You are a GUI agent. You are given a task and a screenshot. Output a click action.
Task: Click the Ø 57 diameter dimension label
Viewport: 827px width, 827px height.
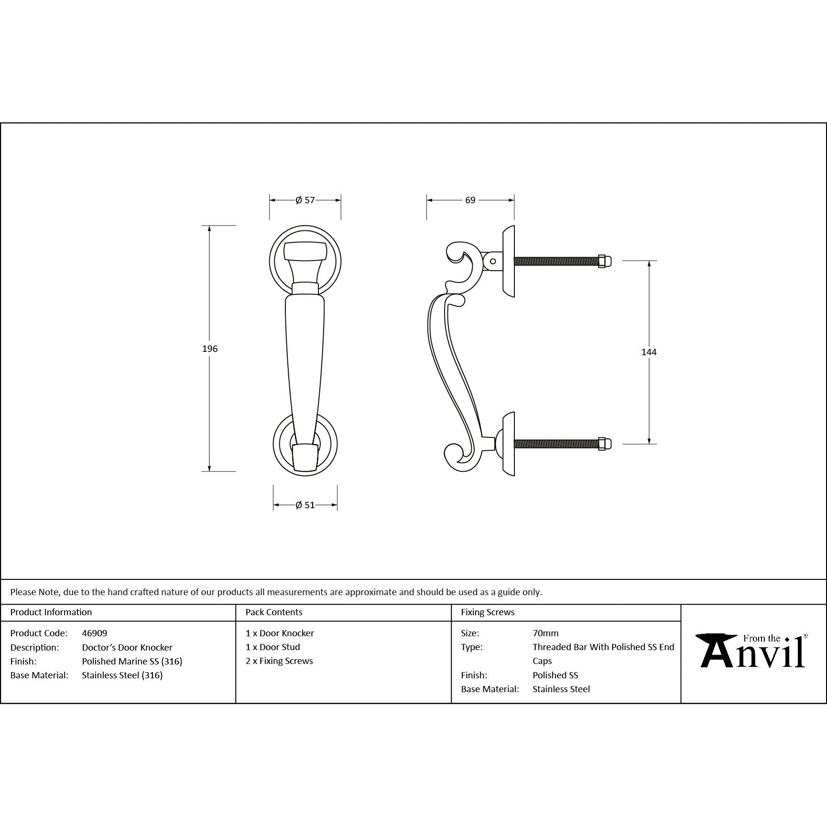pyautogui.click(x=305, y=200)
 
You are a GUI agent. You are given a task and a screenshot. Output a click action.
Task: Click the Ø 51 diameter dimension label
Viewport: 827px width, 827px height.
pyautogui.click(x=305, y=505)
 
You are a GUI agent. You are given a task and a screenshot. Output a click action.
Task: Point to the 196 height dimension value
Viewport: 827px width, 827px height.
pyautogui.click(x=209, y=349)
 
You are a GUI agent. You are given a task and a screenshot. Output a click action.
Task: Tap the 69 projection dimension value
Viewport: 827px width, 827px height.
pyautogui.click(x=470, y=200)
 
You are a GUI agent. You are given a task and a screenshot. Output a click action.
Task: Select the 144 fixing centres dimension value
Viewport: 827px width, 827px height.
pyautogui.click(x=649, y=352)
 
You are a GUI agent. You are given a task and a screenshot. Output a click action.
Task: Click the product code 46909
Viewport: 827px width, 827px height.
pyautogui.click(x=94, y=633)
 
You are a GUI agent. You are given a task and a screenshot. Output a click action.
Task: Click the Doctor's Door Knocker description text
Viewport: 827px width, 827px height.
pyautogui.click(x=127, y=647)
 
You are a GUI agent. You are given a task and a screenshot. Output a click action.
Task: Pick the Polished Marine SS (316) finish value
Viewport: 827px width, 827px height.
pyautogui.click(x=132, y=661)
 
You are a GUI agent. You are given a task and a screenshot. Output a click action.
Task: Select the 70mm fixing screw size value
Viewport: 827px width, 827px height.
pyautogui.click(x=545, y=633)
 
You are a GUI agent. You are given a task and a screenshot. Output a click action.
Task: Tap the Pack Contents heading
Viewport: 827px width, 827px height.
pyautogui.click(x=274, y=612)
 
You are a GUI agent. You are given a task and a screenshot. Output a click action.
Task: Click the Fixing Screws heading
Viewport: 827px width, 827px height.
pyautogui.click(x=488, y=612)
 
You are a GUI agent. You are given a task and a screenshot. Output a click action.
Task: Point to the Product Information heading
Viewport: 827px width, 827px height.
pyautogui.click(x=51, y=612)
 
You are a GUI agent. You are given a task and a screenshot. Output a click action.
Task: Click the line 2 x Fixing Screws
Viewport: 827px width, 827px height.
pyautogui.click(x=279, y=661)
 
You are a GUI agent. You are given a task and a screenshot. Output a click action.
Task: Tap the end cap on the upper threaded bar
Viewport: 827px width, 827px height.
pyautogui.click(x=604, y=261)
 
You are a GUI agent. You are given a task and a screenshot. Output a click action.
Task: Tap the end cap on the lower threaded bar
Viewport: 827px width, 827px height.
pyautogui.click(x=604, y=444)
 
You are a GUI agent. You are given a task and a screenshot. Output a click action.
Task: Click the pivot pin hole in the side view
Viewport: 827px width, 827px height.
pyautogui.click(x=493, y=261)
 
